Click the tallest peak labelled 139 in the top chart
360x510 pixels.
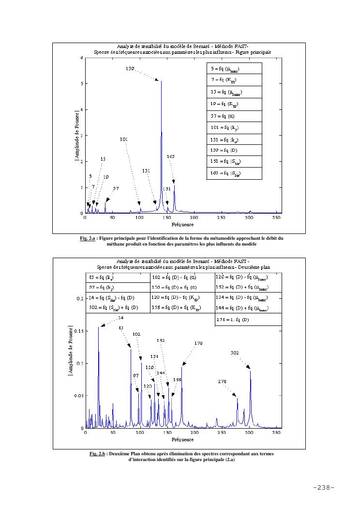coord(161,81)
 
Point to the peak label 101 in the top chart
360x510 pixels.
coord(124,139)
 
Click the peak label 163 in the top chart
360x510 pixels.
coord(171,156)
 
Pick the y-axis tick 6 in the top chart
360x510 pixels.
coord(81,58)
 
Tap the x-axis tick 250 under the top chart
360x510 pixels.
coord(222,218)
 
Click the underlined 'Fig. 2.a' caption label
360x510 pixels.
coord(88,238)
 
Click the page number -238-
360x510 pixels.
coord(324,487)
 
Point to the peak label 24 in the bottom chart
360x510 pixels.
coord(120,318)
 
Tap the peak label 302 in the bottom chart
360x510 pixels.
coord(235,353)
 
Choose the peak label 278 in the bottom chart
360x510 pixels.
coord(222,382)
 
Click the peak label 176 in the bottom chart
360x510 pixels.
coord(198,343)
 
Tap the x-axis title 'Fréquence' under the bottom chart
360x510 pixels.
coord(183,440)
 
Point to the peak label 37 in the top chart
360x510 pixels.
coord(116,188)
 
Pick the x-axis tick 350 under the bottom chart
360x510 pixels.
coord(276,433)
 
